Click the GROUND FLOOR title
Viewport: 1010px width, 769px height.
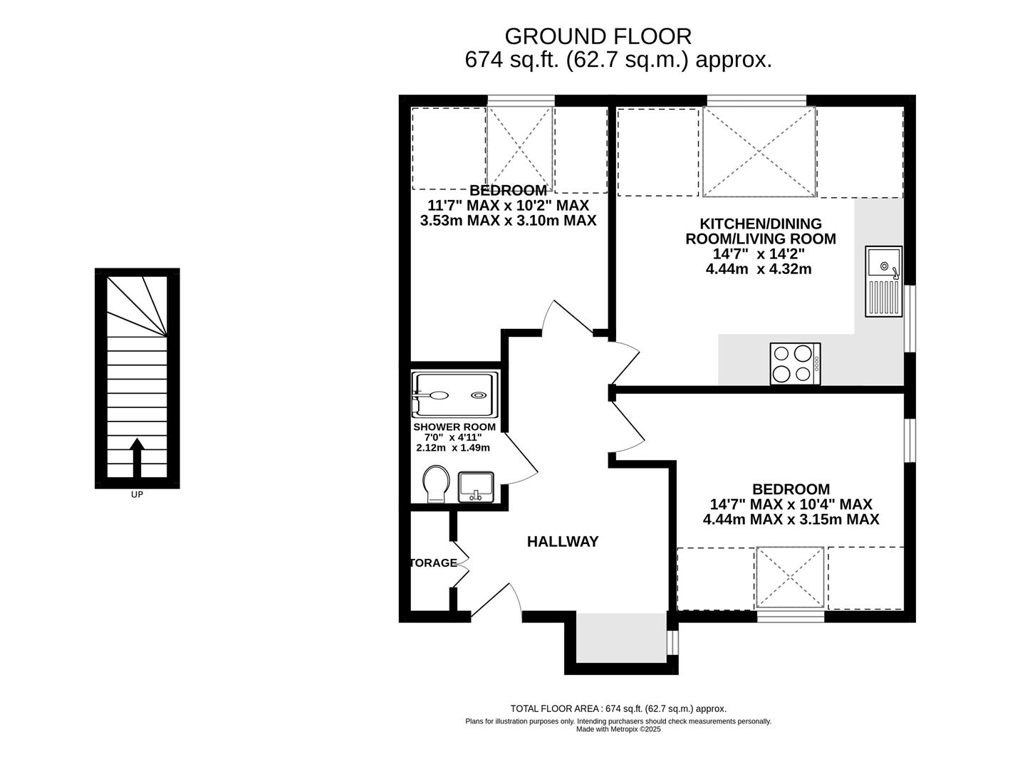coord(598,37)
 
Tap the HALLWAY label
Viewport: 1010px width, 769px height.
coord(562,542)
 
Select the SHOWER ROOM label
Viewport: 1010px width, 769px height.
coord(454,427)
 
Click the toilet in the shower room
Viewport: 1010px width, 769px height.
coord(436,484)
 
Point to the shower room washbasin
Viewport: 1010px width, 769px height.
coord(476,487)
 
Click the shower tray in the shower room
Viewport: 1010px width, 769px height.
coord(455,394)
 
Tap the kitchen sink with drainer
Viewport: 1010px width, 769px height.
coord(883,281)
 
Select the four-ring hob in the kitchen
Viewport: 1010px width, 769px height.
coord(795,364)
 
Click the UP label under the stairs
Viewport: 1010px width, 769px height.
coord(137,494)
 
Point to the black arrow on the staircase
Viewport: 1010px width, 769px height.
coord(137,458)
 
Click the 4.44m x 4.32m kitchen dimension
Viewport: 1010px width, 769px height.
coord(759,269)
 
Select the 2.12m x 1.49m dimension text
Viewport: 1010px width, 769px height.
coord(453,447)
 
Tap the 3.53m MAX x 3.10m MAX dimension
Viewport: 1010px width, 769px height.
coord(508,221)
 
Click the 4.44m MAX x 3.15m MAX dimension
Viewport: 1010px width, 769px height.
coord(791,519)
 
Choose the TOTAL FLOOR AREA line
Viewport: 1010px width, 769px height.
coord(618,708)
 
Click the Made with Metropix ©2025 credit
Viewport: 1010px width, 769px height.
coord(618,729)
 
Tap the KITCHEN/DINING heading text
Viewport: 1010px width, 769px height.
coord(760,224)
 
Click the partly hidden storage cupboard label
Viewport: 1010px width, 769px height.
coord(433,563)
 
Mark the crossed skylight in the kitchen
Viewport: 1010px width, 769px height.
coord(759,152)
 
